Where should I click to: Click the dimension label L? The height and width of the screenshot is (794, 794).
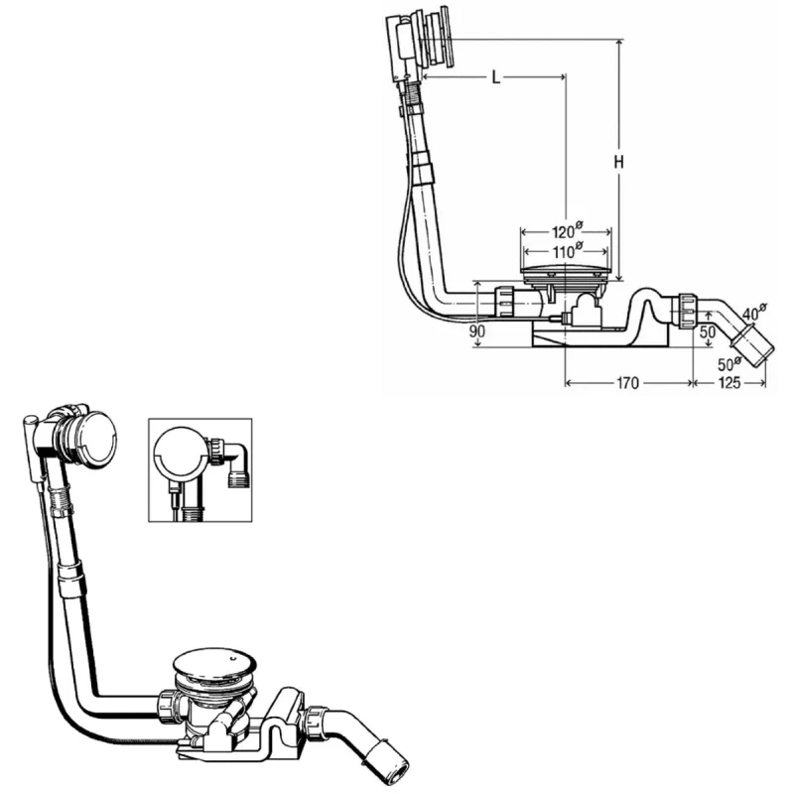pyautogui.click(x=496, y=77)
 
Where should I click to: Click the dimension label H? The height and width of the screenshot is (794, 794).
pyautogui.click(x=618, y=162)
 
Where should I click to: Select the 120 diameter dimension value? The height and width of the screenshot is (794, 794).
pyautogui.click(x=567, y=231)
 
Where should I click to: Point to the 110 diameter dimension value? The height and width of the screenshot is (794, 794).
pyautogui.click(x=567, y=251)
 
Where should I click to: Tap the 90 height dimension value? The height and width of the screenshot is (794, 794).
pyautogui.click(x=477, y=331)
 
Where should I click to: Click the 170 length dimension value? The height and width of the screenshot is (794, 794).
pyautogui.click(x=627, y=383)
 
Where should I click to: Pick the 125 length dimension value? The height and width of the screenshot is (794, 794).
pyautogui.click(x=729, y=383)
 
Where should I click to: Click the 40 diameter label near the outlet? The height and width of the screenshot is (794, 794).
pyautogui.click(x=754, y=312)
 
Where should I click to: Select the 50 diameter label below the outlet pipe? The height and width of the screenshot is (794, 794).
pyautogui.click(x=729, y=363)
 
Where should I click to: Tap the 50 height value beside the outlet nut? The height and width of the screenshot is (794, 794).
pyautogui.click(x=708, y=332)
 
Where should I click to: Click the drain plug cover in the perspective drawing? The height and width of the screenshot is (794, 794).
pyautogui.click(x=214, y=664)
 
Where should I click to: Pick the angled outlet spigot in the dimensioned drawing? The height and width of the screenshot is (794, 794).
pyautogui.click(x=751, y=344)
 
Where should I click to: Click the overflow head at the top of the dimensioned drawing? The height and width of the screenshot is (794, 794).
pyautogui.click(x=418, y=43)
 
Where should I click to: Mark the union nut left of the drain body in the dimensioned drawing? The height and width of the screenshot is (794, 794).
pyautogui.click(x=504, y=302)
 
